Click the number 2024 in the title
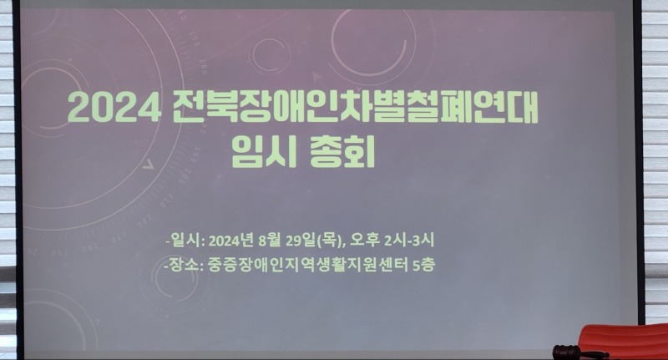point(114,107)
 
